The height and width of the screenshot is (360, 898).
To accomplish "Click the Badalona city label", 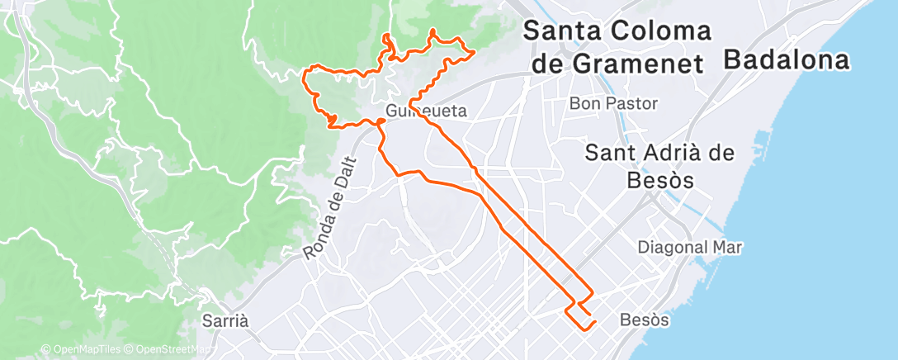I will (x=787, y=60).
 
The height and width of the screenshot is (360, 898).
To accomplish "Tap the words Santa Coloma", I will (x=617, y=31).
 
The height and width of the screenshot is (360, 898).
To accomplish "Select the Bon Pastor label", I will (x=614, y=104).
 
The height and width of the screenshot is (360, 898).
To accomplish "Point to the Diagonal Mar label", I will (x=691, y=247).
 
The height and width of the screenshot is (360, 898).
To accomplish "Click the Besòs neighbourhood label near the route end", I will (x=643, y=319).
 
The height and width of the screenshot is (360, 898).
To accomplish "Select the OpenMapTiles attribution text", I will (x=78, y=350).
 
